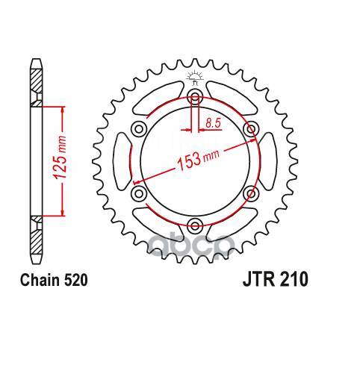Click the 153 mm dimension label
pyautogui.click(x=198, y=160)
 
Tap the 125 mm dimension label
pyautogui.click(x=60, y=157)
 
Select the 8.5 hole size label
pyautogui.click(x=213, y=123)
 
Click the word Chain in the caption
pyautogui.click(x=40, y=280)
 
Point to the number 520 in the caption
pyautogui.click(x=75, y=280)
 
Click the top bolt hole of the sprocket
pyautogui.click(x=195, y=97)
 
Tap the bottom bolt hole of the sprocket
pyautogui.click(x=195, y=225)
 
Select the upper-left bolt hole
pyautogui.click(x=139, y=129)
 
